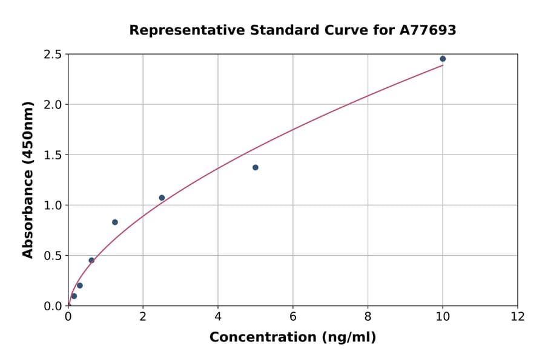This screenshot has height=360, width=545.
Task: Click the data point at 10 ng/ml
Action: coord(443,59)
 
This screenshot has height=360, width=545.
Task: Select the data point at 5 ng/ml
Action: coord(256,167)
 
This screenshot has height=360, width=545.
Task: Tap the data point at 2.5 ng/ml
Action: coord(162,198)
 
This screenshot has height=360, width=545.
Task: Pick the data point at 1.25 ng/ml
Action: coord(115,222)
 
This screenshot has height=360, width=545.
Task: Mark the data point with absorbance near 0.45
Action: coord(91,260)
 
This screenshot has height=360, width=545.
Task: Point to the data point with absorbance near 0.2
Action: coord(80,285)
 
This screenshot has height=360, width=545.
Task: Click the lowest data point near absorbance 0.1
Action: coord(74,296)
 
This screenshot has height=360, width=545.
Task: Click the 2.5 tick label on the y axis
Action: coord(53,55)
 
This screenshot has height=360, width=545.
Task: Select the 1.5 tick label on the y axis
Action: coord(53,155)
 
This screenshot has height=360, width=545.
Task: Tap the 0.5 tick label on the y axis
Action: coord(53,256)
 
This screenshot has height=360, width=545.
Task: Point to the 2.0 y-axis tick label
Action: coord(53,105)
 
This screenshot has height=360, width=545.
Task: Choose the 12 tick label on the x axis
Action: coord(518,316)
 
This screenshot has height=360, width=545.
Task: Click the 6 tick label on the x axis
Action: coord(293,316)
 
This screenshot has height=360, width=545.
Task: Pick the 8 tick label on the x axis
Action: coord(368,316)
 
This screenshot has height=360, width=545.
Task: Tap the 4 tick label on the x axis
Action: coord(218,316)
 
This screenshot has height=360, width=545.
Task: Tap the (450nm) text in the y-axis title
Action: coord(28,133)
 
